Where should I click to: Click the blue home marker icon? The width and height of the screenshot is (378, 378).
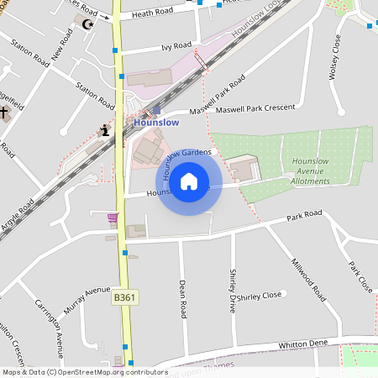[189, 181]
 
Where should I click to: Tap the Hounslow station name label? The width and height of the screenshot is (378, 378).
[157, 123]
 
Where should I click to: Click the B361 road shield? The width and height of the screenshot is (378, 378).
[124, 297]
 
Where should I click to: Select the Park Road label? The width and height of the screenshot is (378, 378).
[304, 215]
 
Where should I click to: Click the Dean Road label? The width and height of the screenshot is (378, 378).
[181, 299]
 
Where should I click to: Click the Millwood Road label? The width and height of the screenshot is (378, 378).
[308, 280]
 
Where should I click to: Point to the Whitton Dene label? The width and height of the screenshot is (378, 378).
[303, 344]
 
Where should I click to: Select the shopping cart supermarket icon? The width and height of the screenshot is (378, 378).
[113, 218]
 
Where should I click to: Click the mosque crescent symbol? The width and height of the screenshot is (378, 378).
[87, 24]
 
